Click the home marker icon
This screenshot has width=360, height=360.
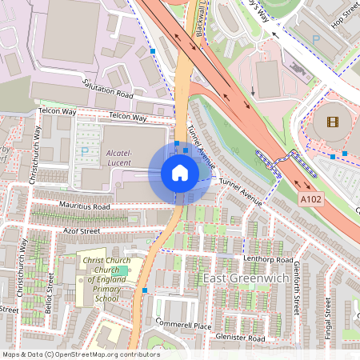pyautogui.click(x=180, y=173)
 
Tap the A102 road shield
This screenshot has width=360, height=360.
pyautogui.click(x=311, y=197)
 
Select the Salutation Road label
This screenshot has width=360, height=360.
pyautogui.click(x=109, y=88)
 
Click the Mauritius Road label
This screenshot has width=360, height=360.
pyautogui.click(x=84, y=206)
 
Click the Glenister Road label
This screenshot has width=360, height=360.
pyautogui.click(x=240, y=338)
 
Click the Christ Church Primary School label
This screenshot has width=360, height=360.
pyautogui.click(x=106, y=279)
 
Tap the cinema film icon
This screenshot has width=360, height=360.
pyautogui.click(x=332, y=122)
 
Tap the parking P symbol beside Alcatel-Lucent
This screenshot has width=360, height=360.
pyautogui.click(x=85, y=151)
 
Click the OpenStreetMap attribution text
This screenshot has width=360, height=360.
pyautogui.click(x=80, y=354)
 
